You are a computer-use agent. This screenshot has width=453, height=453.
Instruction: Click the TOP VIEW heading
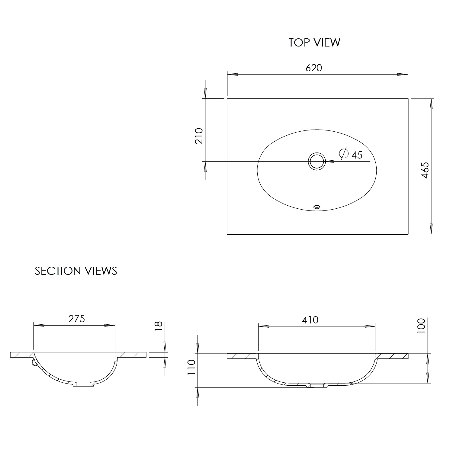click(x=314, y=43)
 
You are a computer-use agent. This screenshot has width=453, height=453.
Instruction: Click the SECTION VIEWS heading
click(x=76, y=271)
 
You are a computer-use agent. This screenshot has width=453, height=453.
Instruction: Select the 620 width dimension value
click(x=314, y=68)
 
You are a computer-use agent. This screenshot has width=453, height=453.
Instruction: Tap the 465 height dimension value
click(x=425, y=170)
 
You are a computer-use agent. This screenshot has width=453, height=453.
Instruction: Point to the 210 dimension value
click(x=199, y=136)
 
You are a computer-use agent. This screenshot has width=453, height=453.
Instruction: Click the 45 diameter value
click(x=357, y=155)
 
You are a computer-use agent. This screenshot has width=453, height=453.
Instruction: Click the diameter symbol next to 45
click(x=344, y=154)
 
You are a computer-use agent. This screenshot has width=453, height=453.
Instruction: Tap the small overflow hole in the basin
click(x=317, y=207)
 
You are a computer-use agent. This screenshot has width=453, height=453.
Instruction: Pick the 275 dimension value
click(x=77, y=319)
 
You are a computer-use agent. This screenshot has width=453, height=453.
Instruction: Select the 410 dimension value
click(x=310, y=320)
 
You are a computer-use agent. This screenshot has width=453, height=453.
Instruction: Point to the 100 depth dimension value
click(x=421, y=326)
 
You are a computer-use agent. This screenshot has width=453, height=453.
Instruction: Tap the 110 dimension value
click(x=191, y=368)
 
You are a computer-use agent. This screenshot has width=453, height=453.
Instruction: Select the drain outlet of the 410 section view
click(x=316, y=386)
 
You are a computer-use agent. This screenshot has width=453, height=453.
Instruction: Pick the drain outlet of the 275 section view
click(x=84, y=384)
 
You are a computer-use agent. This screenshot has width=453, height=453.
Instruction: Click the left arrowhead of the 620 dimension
click(x=233, y=74)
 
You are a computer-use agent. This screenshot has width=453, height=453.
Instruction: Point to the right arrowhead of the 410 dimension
click(x=370, y=326)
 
